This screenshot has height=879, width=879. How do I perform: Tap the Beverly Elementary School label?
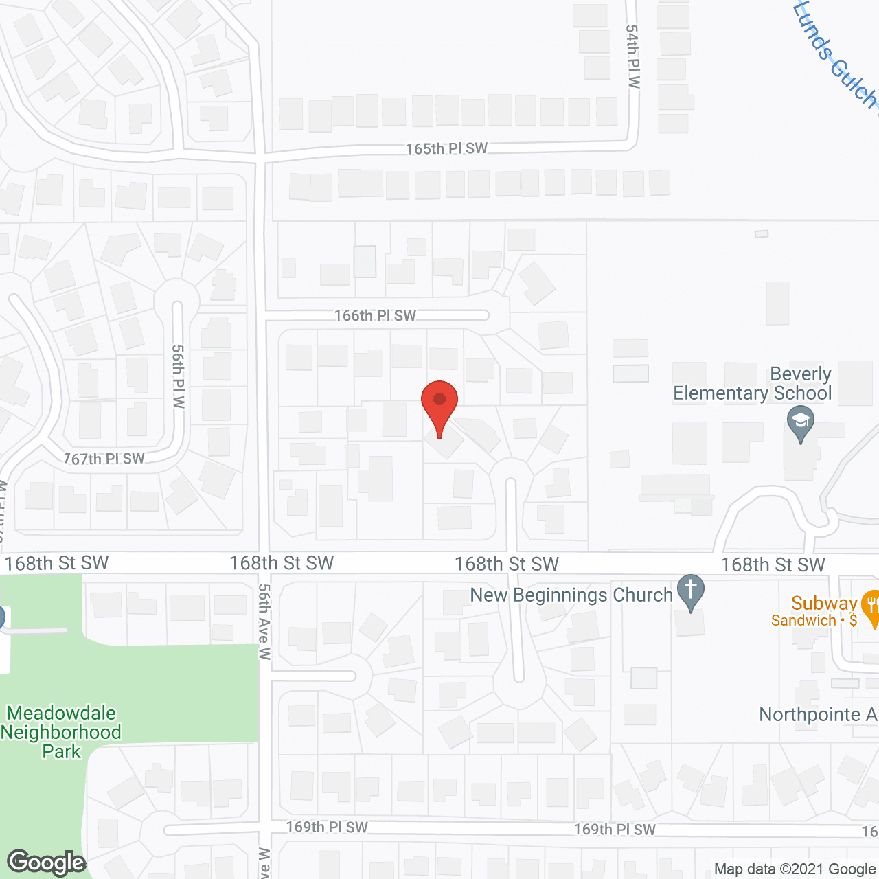(x=753, y=384)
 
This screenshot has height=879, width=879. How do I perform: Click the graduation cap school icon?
(x=800, y=423)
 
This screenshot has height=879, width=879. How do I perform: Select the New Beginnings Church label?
(x=571, y=595)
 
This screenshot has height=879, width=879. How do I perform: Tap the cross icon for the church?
(x=691, y=591)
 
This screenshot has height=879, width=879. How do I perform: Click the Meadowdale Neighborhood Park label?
(x=61, y=732)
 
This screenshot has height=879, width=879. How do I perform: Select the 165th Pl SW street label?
(x=446, y=148)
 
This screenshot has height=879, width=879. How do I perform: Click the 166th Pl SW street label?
(x=375, y=315)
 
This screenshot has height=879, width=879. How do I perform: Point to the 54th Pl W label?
(x=632, y=56)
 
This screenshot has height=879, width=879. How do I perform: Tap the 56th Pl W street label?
(x=179, y=376)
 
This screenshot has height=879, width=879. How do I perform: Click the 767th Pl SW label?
(x=104, y=459)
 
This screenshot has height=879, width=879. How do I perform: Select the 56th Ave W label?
(x=264, y=621)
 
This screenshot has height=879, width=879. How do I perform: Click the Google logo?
(x=47, y=863)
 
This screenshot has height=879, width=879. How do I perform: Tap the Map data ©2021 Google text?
(x=794, y=869)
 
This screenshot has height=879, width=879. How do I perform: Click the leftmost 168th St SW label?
(x=56, y=563)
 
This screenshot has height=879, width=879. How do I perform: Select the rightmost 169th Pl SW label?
(x=615, y=830)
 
